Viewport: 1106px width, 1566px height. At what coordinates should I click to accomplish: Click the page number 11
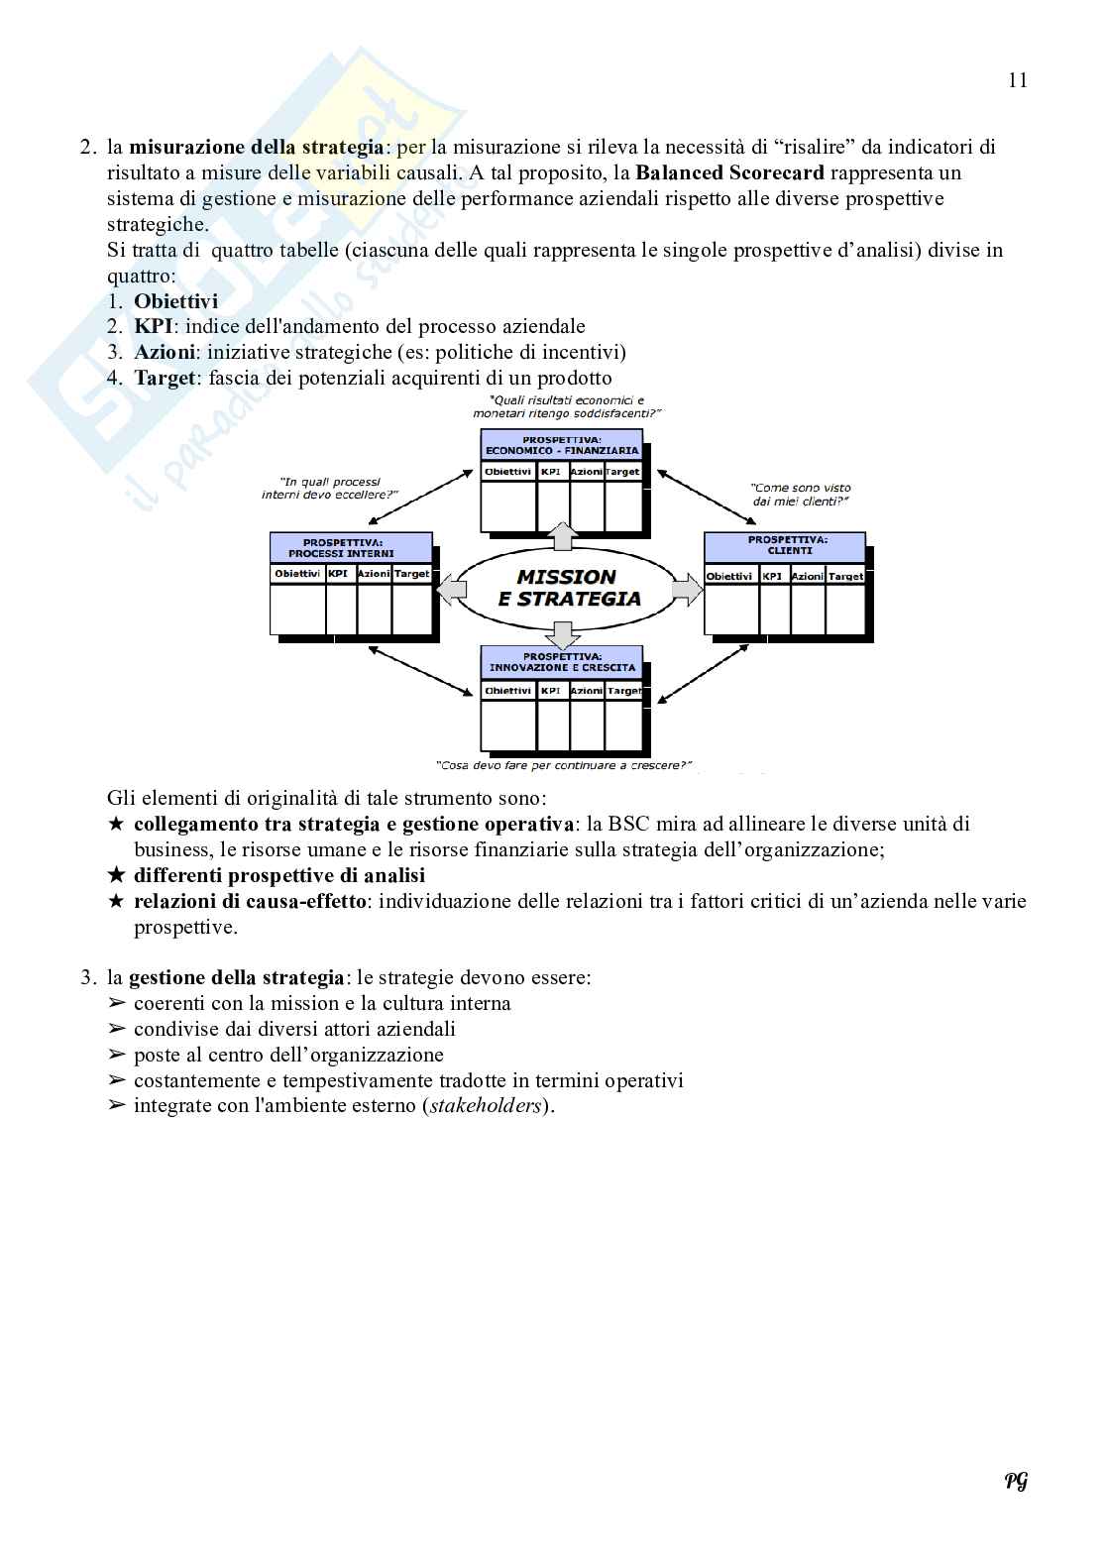1018,81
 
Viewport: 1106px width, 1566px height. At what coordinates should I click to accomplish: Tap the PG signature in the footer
1016,1481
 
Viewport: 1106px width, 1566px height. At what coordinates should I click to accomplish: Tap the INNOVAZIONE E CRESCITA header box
562,662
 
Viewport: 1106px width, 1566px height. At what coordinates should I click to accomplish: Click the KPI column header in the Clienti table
774,577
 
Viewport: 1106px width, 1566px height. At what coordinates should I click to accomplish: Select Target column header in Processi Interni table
412,575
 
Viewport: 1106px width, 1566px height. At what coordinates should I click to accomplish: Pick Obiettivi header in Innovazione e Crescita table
507,691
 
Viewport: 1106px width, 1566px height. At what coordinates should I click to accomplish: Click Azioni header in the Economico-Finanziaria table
587,472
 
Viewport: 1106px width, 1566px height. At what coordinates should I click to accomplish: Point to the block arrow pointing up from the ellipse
561,535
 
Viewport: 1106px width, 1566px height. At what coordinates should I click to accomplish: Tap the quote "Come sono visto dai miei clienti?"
800,495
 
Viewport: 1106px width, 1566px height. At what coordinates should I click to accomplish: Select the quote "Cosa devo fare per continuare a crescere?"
563,766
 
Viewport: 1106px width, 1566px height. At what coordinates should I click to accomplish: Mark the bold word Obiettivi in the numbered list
175,301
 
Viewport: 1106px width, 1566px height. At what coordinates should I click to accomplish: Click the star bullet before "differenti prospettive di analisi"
116,876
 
